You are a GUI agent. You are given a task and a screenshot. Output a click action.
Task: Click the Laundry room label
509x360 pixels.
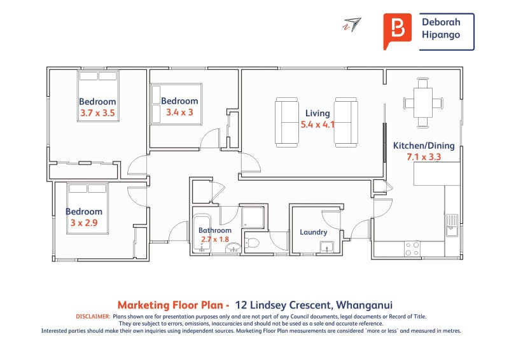(x=313, y=232)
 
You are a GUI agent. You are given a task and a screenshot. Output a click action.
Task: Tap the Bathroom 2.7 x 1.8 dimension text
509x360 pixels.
(x=215, y=239)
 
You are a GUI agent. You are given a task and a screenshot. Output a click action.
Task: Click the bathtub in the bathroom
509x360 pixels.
(x=202, y=232)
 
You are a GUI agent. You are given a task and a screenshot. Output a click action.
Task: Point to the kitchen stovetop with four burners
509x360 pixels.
(x=412, y=248)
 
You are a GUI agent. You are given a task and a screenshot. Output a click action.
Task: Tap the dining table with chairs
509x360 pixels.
(x=423, y=103)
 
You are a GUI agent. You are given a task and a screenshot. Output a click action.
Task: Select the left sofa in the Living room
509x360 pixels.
(x=287, y=122)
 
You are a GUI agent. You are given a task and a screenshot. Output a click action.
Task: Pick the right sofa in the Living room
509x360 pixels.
(x=346, y=122)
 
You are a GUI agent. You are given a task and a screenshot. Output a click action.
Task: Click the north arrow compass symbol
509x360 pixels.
(x=352, y=24)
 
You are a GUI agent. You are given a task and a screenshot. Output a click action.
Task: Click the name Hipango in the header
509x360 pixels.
(x=441, y=35)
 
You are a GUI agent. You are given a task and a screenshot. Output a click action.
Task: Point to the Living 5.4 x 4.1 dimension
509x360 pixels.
(x=317, y=124)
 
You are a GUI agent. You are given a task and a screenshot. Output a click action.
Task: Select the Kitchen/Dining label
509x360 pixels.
(x=424, y=146)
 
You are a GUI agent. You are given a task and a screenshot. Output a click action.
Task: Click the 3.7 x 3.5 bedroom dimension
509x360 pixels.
(x=97, y=113)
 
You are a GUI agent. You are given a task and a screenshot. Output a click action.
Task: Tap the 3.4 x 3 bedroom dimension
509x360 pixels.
(x=179, y=113)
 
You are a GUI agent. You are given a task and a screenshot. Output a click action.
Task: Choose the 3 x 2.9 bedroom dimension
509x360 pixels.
(x=84, y=223)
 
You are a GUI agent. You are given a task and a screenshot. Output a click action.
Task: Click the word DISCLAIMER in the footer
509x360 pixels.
(x=93, y=317)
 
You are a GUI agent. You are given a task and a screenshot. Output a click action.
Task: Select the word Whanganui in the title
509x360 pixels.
(x=364, y=305)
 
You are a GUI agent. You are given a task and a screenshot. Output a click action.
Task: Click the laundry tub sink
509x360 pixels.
(x=326, y=247)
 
